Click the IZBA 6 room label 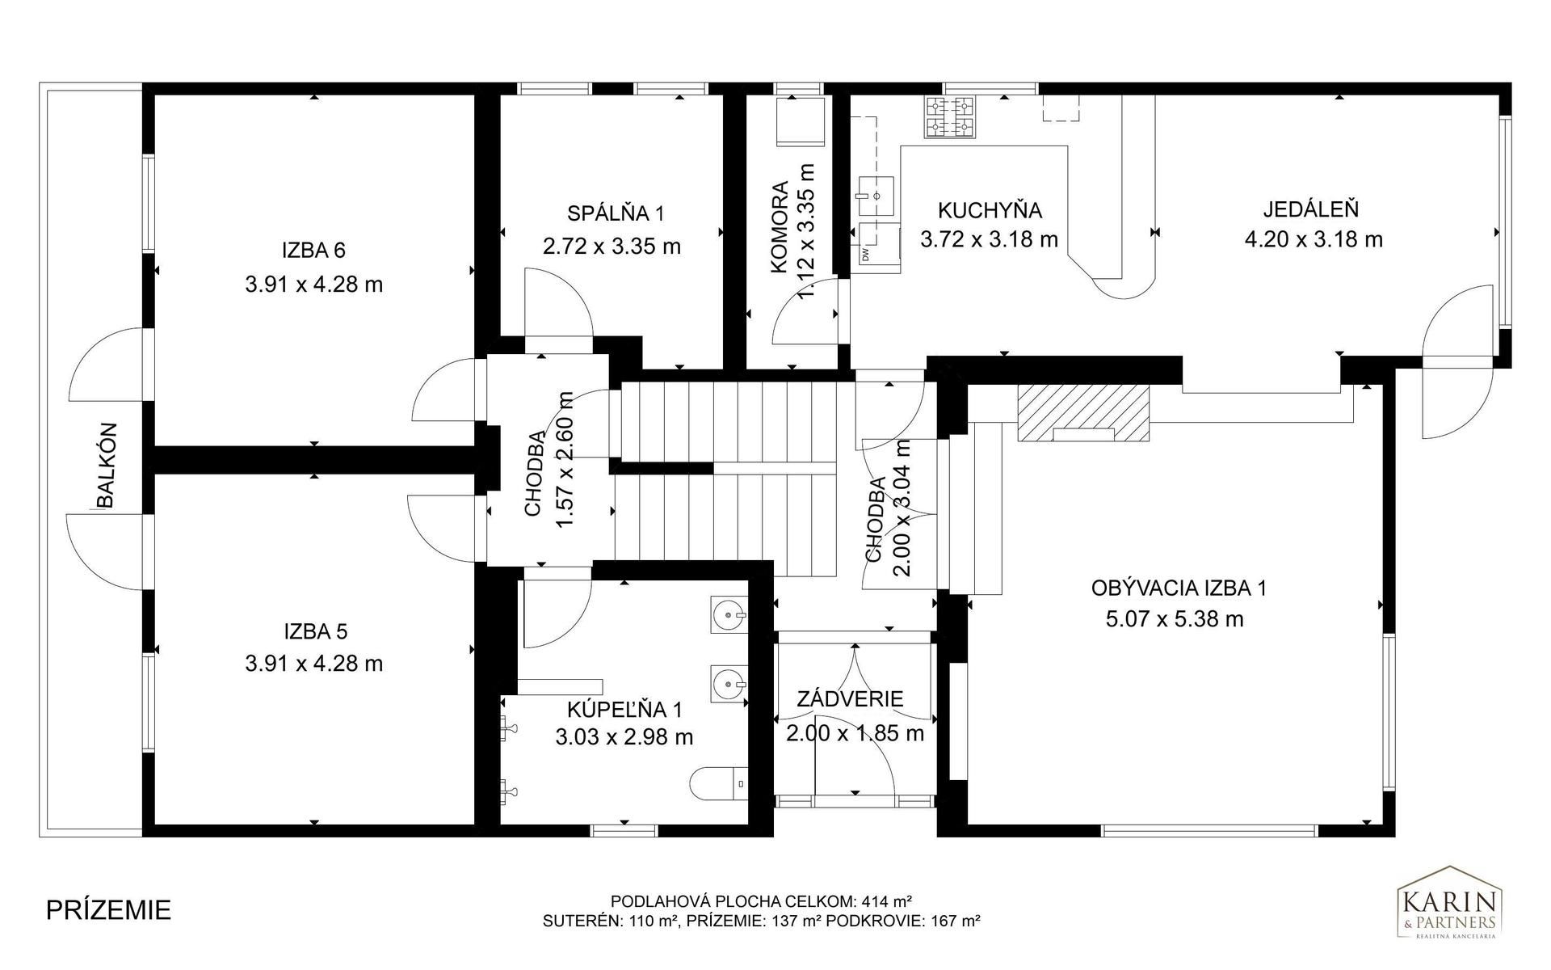click(313, 251)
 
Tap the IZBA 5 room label click(315, 630)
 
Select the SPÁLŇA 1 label click(616, 213)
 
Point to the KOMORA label click(780, 228)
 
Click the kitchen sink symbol click(876, 195)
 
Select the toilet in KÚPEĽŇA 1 click(720, 782)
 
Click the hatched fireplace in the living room click(1082, 412)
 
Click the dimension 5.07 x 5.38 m click(1174, 620)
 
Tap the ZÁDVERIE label click(850, 699)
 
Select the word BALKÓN click(107, 466)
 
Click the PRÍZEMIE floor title click(108, 909)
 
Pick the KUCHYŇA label click(990, 210)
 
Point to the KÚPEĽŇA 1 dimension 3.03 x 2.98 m click(624, 737)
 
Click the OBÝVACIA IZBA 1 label click(1179, 588)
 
